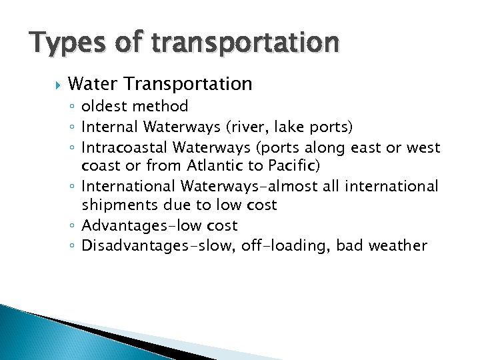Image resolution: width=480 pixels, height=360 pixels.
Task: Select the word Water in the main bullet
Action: coord(93,84)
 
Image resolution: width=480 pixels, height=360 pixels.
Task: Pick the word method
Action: coord(161,106)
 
